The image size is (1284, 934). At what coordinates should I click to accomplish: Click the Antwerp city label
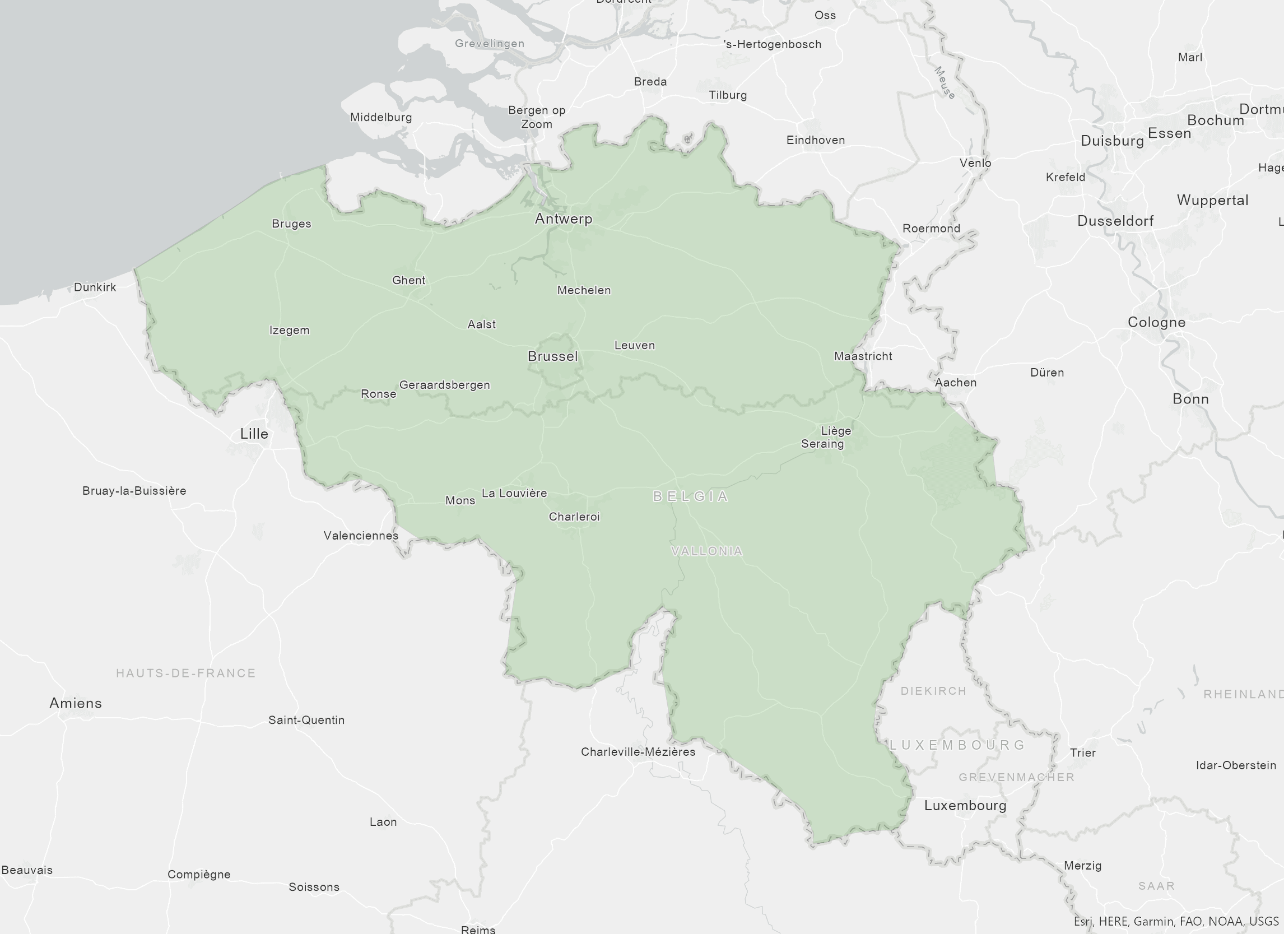coord(564,219)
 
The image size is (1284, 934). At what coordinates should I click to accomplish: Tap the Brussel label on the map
coord(552,356)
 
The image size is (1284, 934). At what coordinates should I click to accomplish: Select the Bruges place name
coord(291,224)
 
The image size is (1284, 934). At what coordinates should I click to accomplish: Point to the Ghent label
coord(408,280)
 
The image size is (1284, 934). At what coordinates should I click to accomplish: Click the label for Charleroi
coord(574,516)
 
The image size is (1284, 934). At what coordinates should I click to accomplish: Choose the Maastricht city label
coord(863,356)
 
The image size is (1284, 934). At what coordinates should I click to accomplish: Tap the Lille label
coord(254,434)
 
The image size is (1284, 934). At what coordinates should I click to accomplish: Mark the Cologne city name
coord(1156,322)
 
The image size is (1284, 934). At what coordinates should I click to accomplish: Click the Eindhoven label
coord(815,140)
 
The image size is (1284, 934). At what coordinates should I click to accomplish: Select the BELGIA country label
coord(691,496)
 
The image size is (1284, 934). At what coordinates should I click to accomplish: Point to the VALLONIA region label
coord(706,551)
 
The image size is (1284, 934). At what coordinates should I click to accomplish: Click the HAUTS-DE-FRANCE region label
coord(185,673)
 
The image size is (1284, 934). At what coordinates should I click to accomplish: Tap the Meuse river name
coord(945,83)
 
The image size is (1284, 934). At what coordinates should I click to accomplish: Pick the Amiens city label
coord(75,703)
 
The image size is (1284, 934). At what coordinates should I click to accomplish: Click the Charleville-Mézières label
coord(638,752)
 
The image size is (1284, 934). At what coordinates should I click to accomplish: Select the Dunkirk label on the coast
coord(95,287)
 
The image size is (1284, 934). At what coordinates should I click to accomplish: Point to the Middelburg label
coord(380,117)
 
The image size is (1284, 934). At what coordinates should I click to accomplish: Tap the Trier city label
coord(1082,752)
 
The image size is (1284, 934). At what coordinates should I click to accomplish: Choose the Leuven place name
coord(634,345)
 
